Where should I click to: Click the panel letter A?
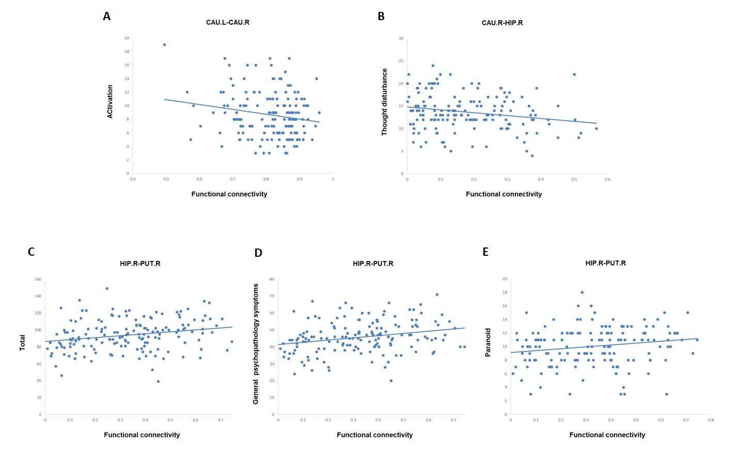pos(107,17)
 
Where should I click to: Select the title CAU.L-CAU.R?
pos(227,23)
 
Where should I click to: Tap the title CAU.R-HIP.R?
pos(502,23)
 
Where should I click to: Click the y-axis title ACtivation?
pos(110,102)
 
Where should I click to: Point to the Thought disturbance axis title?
pos(384,102)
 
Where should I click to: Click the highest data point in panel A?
pos(164,44)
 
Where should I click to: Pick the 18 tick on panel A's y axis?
pos(127,52)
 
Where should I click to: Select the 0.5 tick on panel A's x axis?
pos(166,179)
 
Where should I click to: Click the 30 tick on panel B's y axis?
pos(401,39)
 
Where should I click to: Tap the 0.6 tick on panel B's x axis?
pos(607,179)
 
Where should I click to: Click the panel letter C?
pos(31,252)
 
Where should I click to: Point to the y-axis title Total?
pos(22,343)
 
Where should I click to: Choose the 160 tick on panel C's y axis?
pos(38,280)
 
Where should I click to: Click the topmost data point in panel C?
pos(107,288)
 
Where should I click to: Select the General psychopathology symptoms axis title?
pos(256,343)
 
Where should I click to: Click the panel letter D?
pos(258,252)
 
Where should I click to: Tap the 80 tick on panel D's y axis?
pos(272,280)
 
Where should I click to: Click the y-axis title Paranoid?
pos(488,342)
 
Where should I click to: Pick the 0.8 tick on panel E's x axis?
pos(711,420)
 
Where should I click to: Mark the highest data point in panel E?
pos(582,292)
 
